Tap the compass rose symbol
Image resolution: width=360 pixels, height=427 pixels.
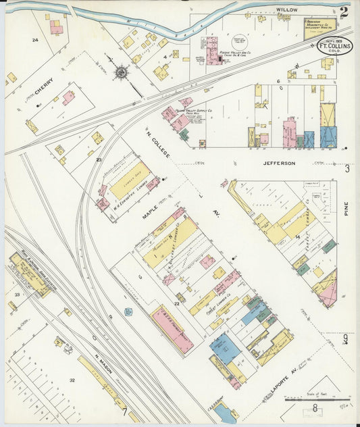coord(121,72)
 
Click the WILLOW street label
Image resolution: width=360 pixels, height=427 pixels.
coord(287,11)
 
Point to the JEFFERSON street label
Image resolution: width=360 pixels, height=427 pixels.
coord(280,163)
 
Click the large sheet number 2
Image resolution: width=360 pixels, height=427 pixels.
coord(344,11)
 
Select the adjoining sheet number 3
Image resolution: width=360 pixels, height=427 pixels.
coord(347,169)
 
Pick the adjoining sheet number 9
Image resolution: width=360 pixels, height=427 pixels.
coord(345,339)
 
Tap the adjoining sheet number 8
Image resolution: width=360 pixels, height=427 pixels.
coord(316,408)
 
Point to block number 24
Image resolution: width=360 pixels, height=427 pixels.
coord(34,41)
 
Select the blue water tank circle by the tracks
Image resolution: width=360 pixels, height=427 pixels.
coord(128,312)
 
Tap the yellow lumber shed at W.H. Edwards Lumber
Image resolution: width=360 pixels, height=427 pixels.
coord(129,181)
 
